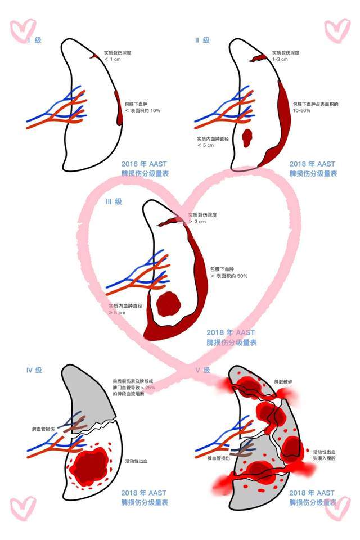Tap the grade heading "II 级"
click(x=202, y=40)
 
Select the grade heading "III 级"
click(x=114, y=201)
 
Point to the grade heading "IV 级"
click(x=34, y=370)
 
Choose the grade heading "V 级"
click(x=202, y=370)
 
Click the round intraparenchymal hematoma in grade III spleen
click(x=168, y=304)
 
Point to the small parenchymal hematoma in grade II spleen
click(x=246, y=137)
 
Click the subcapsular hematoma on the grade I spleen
click(x=119, y=107)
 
